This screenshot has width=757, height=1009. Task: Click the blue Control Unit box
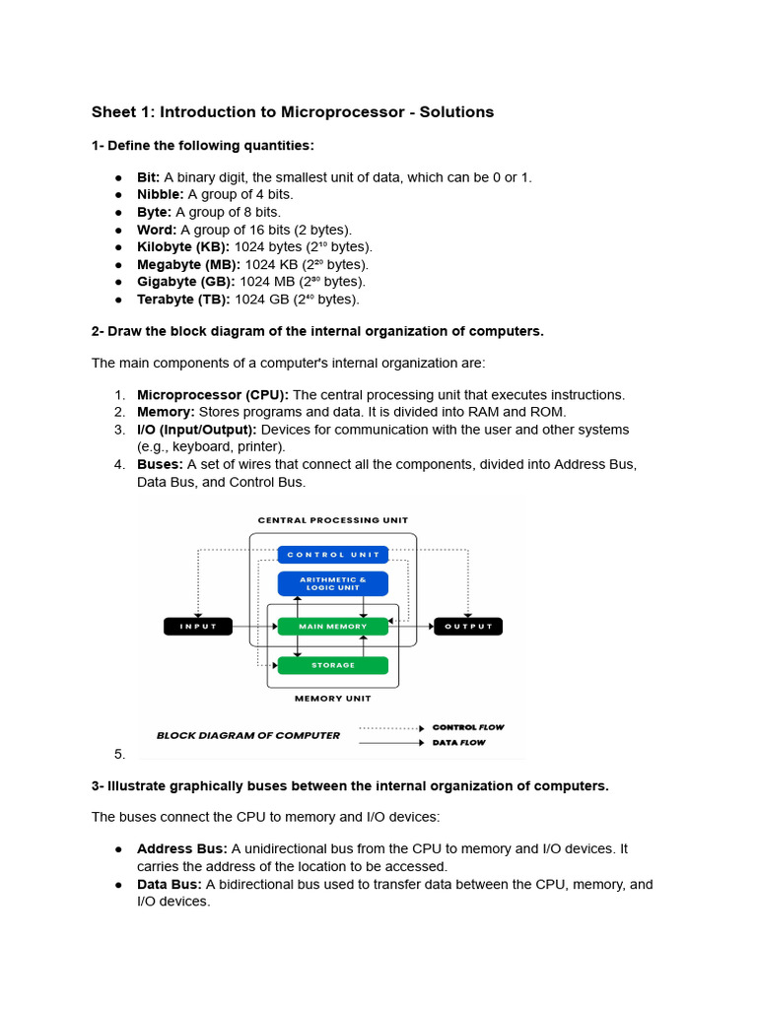tap(333, 555)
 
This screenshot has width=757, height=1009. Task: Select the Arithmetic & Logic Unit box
tap(333, 583)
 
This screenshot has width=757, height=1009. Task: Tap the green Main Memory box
tap(333, 626)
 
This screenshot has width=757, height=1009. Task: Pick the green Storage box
tap(333, 665)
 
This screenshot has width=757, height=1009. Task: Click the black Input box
tap(197, 626)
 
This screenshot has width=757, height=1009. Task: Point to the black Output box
tap(467, 626)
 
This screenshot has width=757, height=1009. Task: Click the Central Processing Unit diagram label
tap(333, 520)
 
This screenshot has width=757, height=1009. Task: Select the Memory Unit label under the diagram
tap(333, 699)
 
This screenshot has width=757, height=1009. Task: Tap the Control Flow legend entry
tap(467, 727)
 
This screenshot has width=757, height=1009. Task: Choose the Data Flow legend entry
tap(459, 742)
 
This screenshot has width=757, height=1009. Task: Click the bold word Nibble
tap(160, 194)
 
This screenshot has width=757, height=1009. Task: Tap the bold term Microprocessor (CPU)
tap(213, 394)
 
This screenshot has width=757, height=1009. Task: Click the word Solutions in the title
tap(455, 112)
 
